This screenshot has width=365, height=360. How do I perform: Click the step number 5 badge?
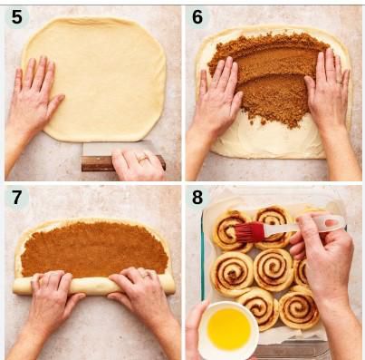point(15,16)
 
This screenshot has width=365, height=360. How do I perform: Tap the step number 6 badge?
point(197,16)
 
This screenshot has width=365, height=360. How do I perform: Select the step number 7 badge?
point(15,198)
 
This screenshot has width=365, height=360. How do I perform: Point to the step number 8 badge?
point(197,198)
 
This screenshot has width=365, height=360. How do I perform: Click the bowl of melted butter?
point(228,328)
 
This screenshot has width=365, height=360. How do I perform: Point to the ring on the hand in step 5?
point(142,158)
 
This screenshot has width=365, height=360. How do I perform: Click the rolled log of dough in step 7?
point(91,285)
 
